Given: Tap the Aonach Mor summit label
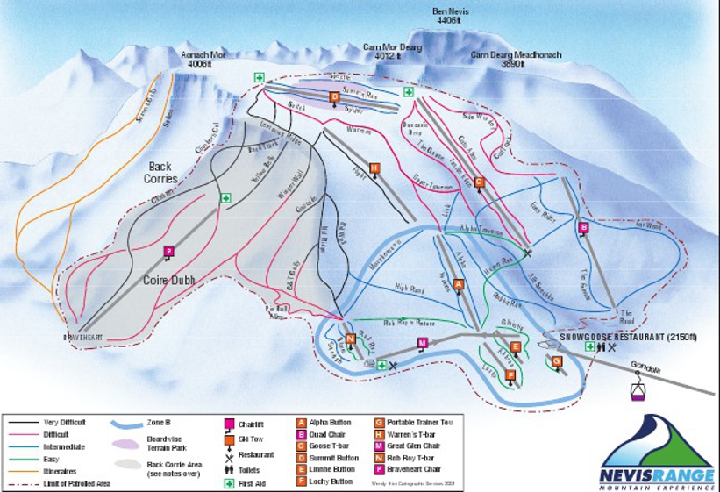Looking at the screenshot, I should (202, 58).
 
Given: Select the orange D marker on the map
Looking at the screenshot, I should (334, 97).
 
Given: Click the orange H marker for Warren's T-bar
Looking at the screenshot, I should (374, 168).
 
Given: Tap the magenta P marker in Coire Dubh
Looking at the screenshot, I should (168, 252).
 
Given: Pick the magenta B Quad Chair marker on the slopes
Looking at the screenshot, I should (583, 228).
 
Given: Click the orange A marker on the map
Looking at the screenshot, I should (458, 284).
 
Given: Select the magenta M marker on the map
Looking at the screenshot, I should (422, 342).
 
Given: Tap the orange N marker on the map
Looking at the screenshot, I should (350, 339).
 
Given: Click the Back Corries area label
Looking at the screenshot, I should (163, 173).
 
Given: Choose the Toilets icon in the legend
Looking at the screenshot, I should (230, 469).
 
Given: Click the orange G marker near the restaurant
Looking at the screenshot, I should (556, 360).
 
